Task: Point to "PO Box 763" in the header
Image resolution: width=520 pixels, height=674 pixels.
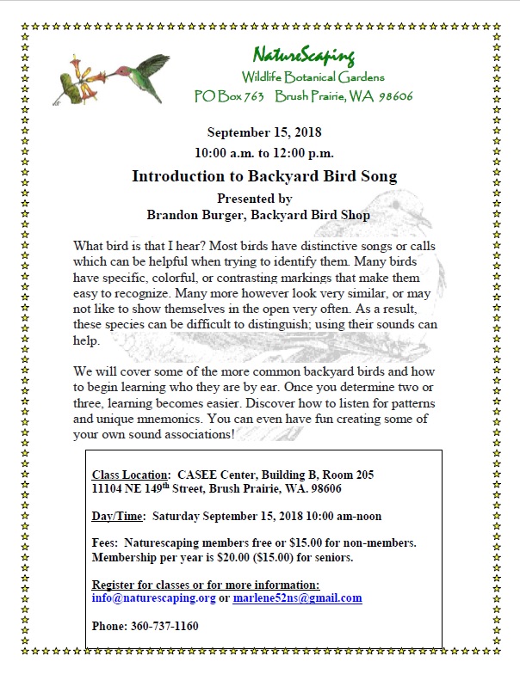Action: tap(228, 96)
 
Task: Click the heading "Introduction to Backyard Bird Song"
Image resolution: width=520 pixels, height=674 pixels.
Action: tap(263, 176)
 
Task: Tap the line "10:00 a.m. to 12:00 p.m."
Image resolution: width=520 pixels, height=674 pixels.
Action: tap(263, 153)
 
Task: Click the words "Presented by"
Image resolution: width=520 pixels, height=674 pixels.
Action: tap(263, 197)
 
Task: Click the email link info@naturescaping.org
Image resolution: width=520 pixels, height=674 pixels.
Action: tap(153, 597)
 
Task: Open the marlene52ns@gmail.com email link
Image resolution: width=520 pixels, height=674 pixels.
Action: tap(297, 597)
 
